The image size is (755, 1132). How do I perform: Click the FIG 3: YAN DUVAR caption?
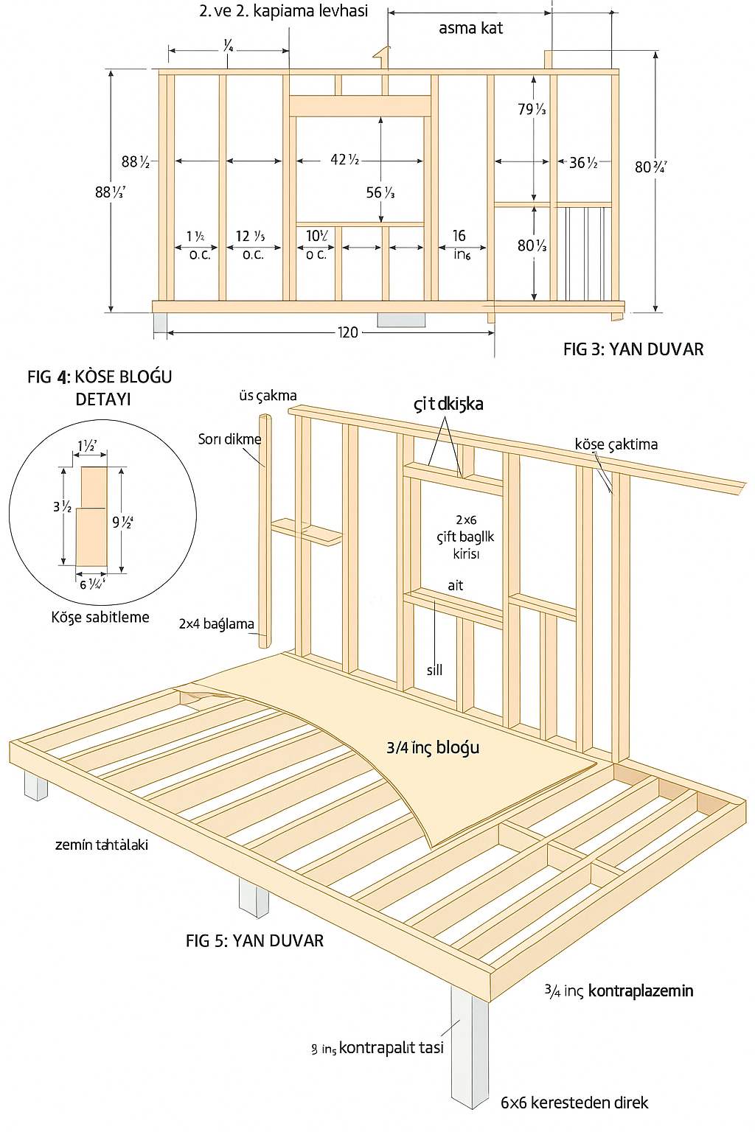(x=633, y=349)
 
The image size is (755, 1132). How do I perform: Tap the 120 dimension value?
(x=348, y=332)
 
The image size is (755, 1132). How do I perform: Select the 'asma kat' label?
(x=470, y=29)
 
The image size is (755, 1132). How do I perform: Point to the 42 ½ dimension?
(x=344, y=160)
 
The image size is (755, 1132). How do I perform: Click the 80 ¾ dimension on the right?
(x=650, y=167)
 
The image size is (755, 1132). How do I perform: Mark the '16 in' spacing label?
(x=460, y=244)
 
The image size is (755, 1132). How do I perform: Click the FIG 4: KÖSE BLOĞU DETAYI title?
(x=100, y=388)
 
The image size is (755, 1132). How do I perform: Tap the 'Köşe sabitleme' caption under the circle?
(x=100, y=617)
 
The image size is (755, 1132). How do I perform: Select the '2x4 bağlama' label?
(x=216, y=624)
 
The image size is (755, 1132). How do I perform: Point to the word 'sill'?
(x=434, y=670)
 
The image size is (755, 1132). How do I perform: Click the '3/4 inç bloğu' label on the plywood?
(x=433, y=747)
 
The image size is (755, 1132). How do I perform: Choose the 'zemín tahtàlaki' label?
(x=102, y=845)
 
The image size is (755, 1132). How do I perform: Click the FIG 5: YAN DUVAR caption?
(x=254, y=940)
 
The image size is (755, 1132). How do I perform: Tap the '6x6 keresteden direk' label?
(x=574, y=1103)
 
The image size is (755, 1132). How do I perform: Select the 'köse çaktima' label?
(x=616, y=444)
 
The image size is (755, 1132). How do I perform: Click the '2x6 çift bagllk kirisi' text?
(x=465, y=537)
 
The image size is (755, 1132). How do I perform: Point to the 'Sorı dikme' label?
(x=229, y=439)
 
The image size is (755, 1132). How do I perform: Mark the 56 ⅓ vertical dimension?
(x=380, y=193)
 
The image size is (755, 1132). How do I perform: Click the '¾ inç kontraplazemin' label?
(x=619, y=991)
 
